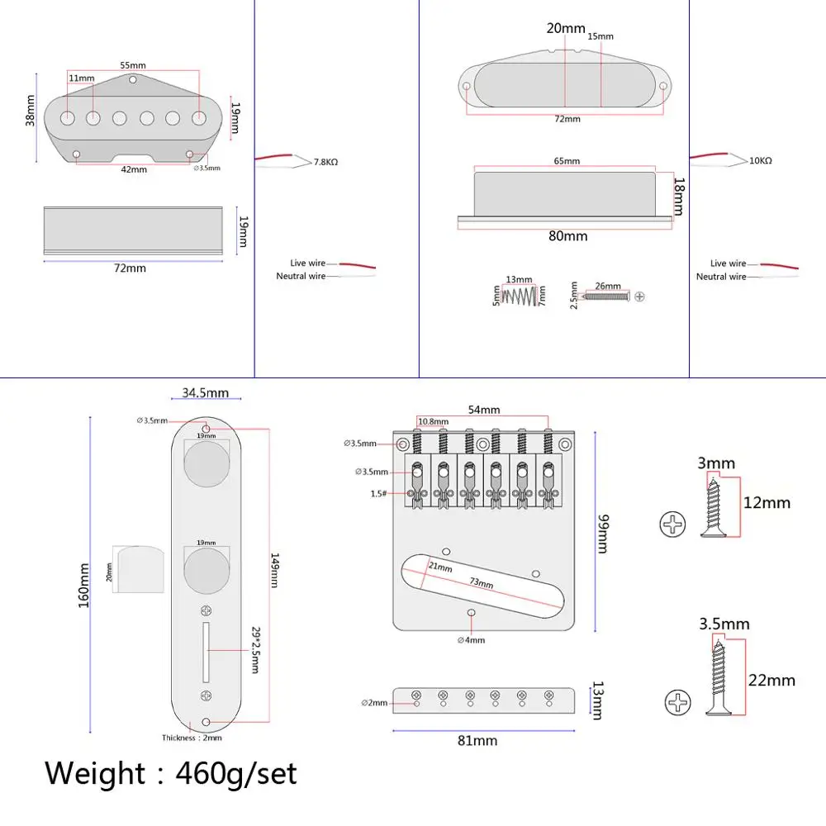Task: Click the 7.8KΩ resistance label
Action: click(325, 163)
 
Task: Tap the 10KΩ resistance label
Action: click(760, 161)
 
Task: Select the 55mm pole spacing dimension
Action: click(132, 65)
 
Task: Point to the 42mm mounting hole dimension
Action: click(134, 169)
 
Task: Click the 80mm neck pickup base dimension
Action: click(567, 236)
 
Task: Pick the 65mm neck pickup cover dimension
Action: click(567, 161)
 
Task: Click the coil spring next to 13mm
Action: click(519, 294)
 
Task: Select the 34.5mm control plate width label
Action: click(206, 393)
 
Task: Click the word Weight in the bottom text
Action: click(95, 774)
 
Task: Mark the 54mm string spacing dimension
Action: click(484, 410)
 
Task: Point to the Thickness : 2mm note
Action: click(192, 738)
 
